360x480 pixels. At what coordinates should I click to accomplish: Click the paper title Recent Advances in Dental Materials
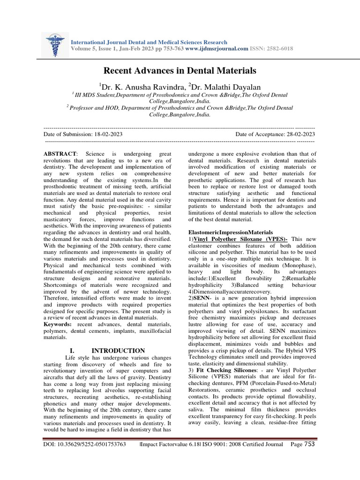tap(180, 71)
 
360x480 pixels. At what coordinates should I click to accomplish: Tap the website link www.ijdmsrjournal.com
tap(217, 49)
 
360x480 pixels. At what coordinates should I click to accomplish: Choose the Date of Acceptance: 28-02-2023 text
tap(275, 134)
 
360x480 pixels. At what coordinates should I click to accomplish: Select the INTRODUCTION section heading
tap(118, 350)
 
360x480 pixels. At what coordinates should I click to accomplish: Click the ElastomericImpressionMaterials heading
tap(230, 232)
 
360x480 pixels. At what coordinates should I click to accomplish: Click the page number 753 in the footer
tap(309, 444)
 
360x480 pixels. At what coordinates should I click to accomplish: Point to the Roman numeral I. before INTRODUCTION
tap(72, 350)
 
